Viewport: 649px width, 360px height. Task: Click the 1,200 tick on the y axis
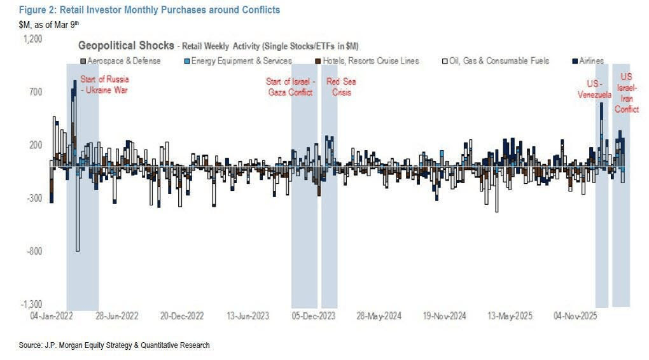33,38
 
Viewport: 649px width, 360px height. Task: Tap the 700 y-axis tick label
36,92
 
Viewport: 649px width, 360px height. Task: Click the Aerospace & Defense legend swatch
83,61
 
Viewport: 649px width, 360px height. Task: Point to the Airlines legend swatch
575,61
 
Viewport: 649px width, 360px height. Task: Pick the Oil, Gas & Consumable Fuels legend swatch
445,61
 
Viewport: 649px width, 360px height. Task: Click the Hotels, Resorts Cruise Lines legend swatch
318,61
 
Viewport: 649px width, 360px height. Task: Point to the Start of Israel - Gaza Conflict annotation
290,87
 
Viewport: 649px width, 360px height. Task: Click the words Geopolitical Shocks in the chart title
125,46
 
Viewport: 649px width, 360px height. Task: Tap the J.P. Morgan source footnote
114,345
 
